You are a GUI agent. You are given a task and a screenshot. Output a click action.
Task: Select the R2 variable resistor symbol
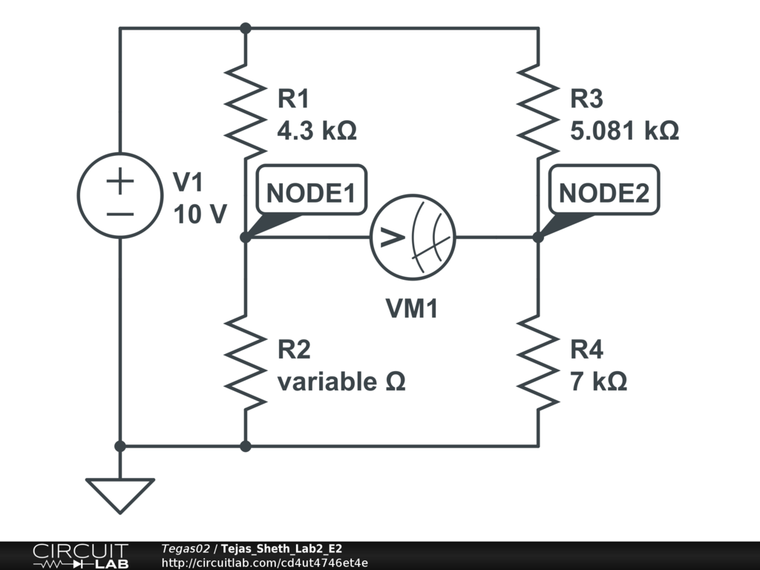point(246,362)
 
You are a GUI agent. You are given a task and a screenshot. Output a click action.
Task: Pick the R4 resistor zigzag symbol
point(539,362)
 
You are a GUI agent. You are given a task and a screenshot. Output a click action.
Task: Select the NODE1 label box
point(311,189)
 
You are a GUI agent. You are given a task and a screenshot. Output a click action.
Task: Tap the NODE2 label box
point(604,189)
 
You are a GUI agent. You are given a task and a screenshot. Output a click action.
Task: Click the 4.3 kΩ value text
point(317,131)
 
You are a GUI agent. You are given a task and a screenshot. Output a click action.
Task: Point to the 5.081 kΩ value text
point(624,131)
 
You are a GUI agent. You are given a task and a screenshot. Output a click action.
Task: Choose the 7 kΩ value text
point(599,381)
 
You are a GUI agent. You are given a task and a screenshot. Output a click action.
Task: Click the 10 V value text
point(200,214)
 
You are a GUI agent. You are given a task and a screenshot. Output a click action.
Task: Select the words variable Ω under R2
point(341,381)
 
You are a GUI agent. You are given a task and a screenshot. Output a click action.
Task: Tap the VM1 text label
point(412,308)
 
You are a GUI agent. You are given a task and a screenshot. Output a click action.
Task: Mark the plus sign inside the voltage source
point(120,181)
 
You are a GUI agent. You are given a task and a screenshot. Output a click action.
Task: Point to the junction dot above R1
point(246,29)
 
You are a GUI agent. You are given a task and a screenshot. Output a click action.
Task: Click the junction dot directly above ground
point(120,446)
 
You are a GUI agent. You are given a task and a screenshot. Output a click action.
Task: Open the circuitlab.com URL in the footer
point(265,563)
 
